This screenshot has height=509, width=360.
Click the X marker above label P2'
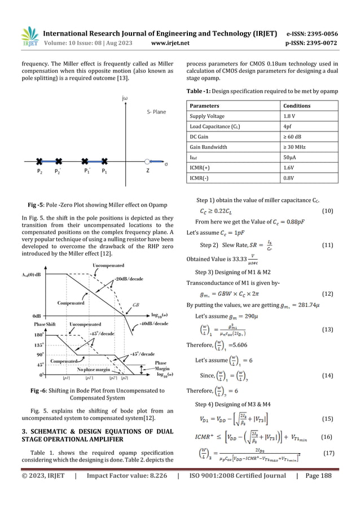tap(59, 161)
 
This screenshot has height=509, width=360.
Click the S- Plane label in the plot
tap(153, 112)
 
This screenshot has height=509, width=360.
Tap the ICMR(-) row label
tap(201, 181)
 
